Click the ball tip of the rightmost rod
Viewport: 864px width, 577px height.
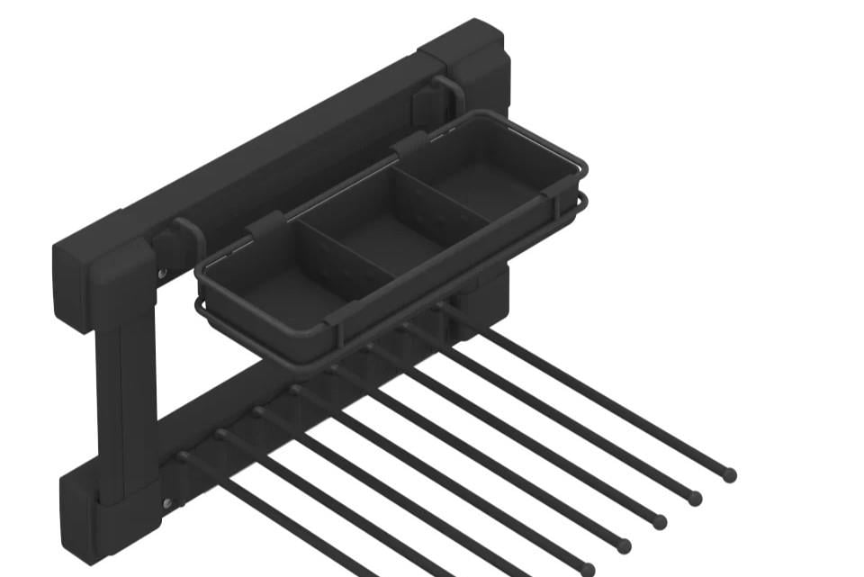(x=729, y=474)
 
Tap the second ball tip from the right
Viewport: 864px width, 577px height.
(x=694, y=497)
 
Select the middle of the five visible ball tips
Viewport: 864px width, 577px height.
(x=659, y=521)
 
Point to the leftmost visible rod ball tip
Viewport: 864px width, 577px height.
(x=587, y=569)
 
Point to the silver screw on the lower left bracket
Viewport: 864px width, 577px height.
(x=167, y=503)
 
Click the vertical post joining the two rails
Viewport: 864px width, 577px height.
(x=126, y=396)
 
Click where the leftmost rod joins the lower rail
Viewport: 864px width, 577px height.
(x=184, y=456)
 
